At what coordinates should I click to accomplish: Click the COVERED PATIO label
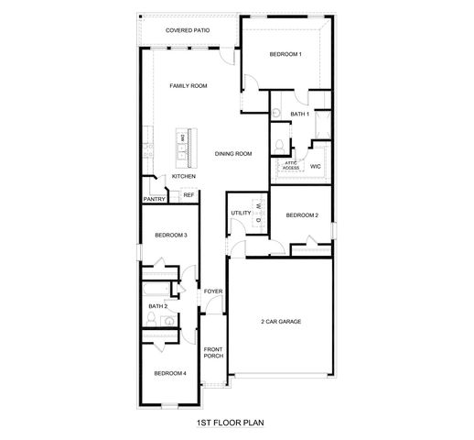coord(188,30)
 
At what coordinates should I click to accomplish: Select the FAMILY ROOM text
coord(188,85)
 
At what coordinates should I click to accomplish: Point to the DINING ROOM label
coord(233,154)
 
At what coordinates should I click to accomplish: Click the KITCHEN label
coord(185,176)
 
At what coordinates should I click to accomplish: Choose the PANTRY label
coord(154,198)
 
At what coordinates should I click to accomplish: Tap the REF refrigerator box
coord(189,194)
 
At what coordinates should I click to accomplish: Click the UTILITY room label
coord(241,213)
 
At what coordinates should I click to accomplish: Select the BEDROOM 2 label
coord(302,215)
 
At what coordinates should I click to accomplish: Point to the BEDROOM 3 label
coord(170,236)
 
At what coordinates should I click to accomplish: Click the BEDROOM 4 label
coord(169,373)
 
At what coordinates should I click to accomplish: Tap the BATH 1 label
coord(300,114)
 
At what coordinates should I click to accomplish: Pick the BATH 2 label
coord(158,306)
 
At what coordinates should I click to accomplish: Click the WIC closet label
coord(315,167)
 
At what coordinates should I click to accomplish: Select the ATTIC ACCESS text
coord(291,166)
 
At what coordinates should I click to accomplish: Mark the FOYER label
coord(213,291)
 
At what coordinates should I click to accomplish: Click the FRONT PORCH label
coord(213,352)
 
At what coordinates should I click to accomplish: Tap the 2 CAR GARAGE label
coord(282,322)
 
